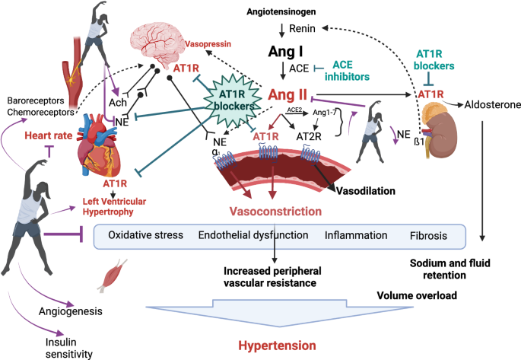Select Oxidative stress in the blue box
coord(146,235)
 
